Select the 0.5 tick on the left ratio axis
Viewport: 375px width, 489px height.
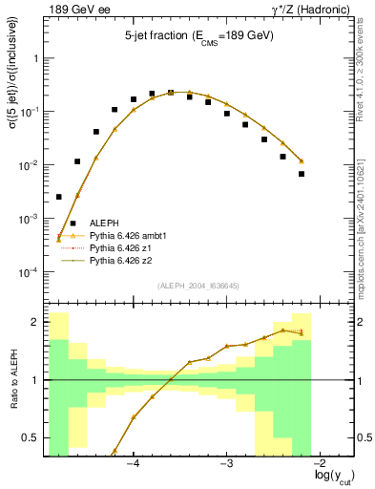coord(34,438)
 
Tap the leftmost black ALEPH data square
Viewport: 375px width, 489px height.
coord(59,197)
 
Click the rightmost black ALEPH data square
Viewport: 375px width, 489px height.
coord(301,174)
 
